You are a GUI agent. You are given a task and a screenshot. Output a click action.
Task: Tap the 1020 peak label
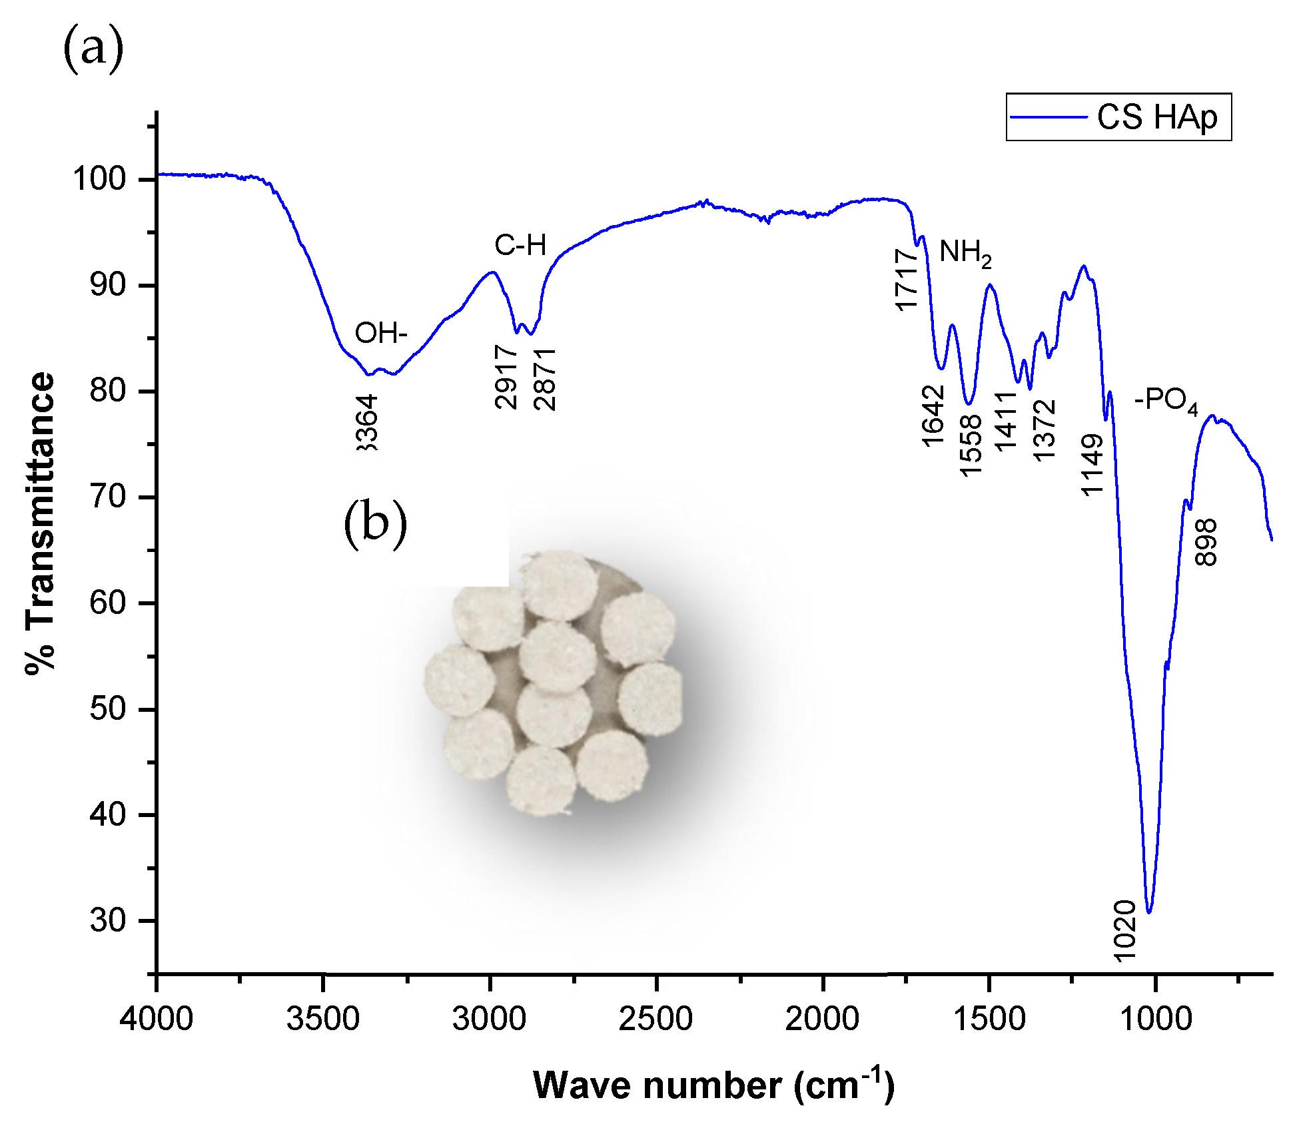(x=1124, y=931)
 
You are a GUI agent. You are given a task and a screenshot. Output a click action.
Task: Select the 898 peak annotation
(x=1206, y=543)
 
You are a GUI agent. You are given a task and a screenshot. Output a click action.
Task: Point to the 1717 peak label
(x=907, y=280)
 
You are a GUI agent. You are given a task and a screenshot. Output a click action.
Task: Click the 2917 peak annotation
(x=506, y=377)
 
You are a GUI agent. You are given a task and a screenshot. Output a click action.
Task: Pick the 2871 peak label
(x=545, y=380)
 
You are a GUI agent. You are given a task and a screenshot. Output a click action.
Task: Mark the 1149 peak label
(x=1092, y=465)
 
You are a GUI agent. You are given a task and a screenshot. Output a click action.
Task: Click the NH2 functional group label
(x=965, y=253)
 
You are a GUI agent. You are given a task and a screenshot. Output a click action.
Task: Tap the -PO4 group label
(x=1166, y=400)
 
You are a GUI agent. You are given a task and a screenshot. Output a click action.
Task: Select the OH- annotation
(x=380, y=332)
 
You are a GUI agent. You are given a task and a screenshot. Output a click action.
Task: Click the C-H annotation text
(x=520, y=246)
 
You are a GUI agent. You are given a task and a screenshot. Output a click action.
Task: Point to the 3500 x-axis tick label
(x=323, y=1019)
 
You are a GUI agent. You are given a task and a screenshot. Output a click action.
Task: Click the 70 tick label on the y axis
(x=107, y=497)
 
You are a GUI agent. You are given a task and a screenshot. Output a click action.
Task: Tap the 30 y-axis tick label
(x=107, y=921)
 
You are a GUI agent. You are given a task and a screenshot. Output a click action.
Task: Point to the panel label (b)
(x=375, y=523)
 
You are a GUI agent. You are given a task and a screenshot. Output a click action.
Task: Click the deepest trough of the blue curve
(x=1149, y=912)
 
